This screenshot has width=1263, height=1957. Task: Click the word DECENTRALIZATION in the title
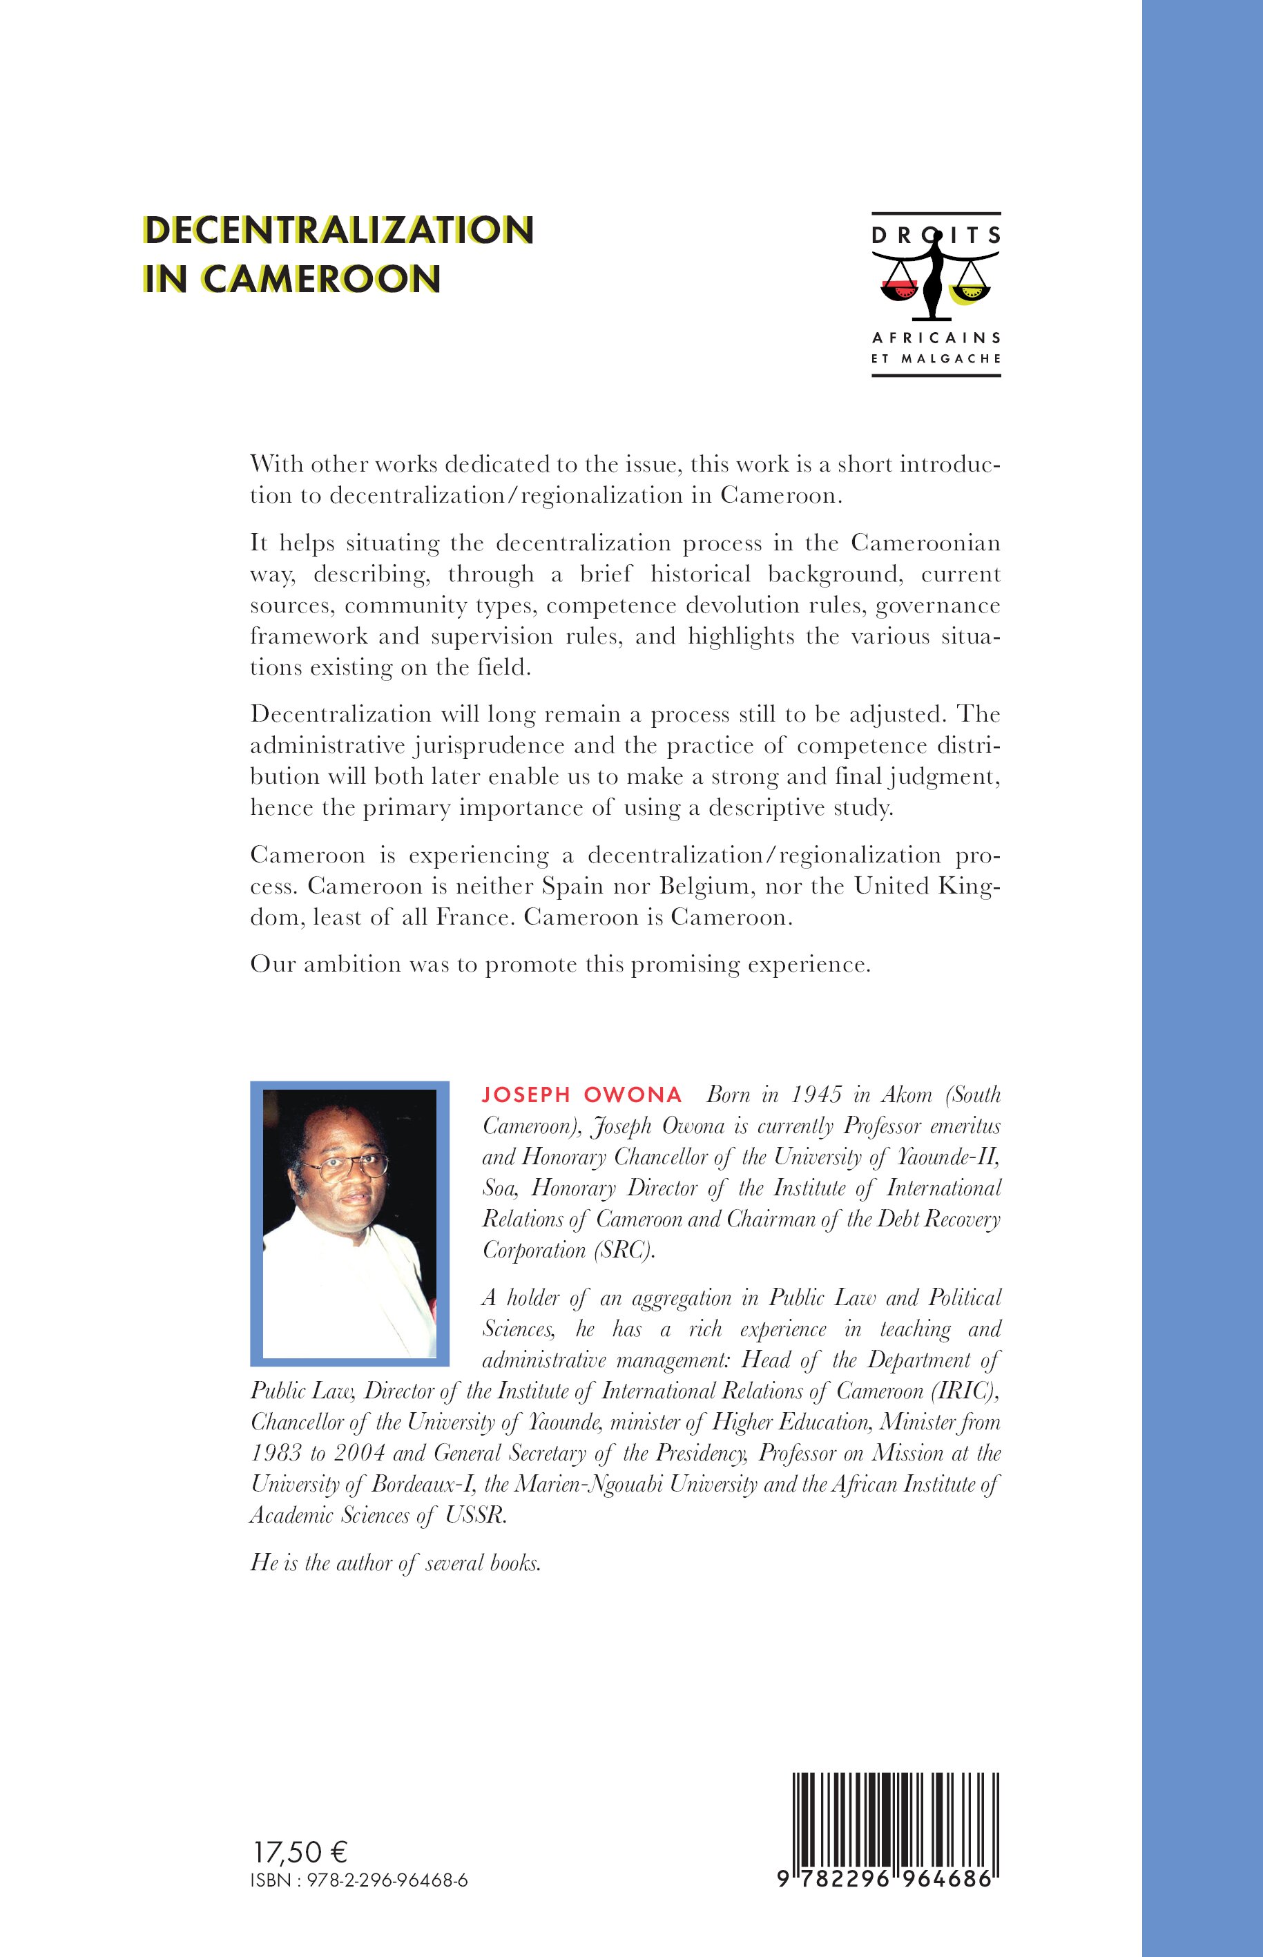click(x=338, y=231)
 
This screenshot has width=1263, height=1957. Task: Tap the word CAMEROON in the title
click(x=320, y=279)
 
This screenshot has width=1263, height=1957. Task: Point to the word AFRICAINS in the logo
click(x=936, y=337)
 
